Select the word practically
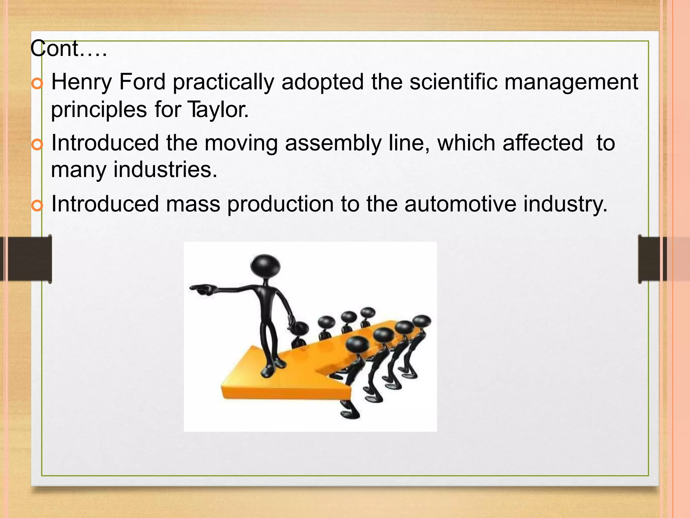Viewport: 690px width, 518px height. (223, 83)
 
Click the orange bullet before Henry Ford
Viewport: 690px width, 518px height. (37, 83)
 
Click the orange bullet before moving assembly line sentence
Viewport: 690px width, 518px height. (37, 144)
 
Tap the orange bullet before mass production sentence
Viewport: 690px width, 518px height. (37, 205)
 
